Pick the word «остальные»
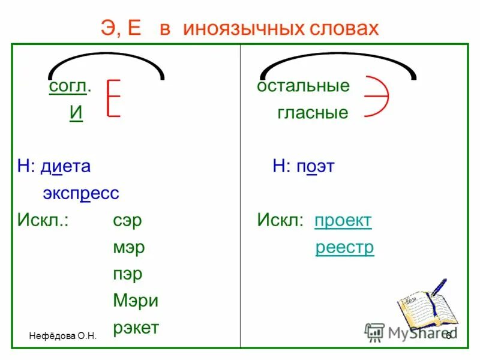(303, 86)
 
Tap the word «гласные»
(313, 113)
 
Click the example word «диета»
(65, 166)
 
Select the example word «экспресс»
(81, 193)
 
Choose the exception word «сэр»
(127, 220)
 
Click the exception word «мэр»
(129, 247)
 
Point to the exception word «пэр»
(128, 274)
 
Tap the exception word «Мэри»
(136, 301)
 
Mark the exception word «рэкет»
(136, 328)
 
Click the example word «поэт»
(314, 166)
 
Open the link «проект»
(343, 220)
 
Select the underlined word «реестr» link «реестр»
(345, 247)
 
